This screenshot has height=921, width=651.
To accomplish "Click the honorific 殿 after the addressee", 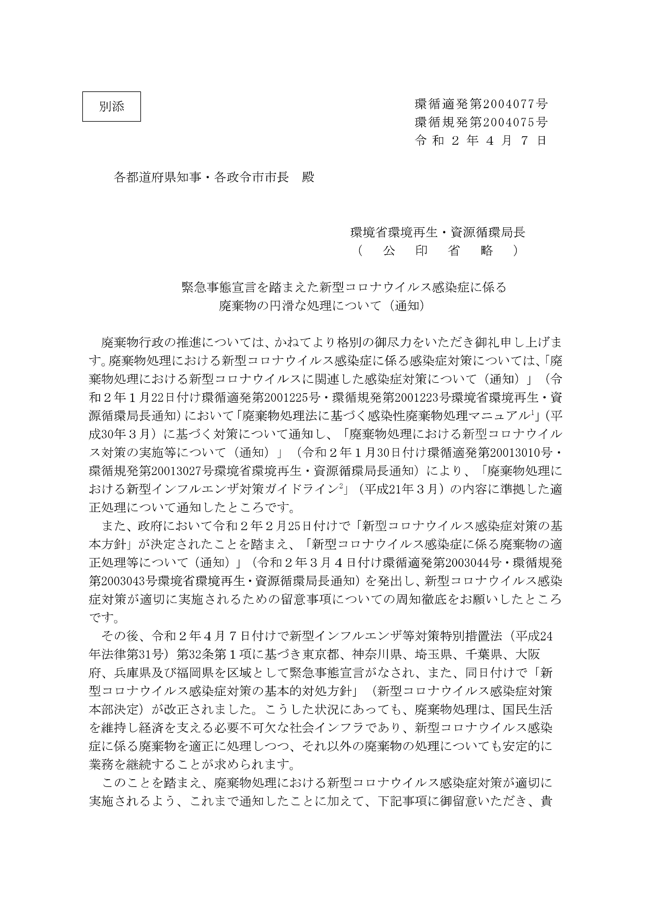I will [x=308, y=177].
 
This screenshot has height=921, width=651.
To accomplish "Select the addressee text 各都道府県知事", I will [x=158, y=177].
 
